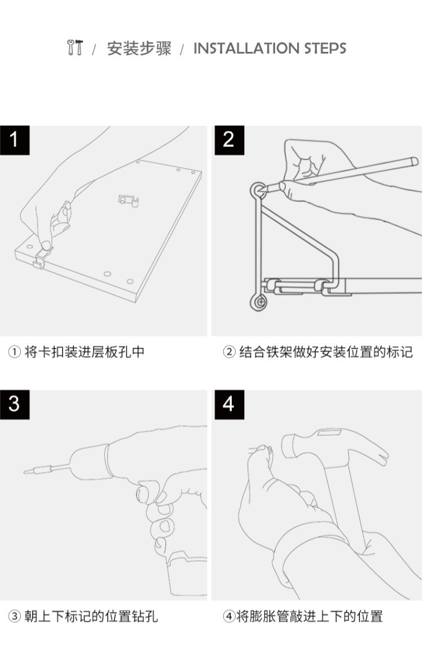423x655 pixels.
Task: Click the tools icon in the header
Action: [x=75, y=47]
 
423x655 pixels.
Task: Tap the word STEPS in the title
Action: [x=325, y=49]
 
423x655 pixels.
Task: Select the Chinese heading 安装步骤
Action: [x=139, y=49]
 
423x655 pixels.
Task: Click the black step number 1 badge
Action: [x=15, y=140]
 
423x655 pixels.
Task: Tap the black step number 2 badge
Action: [x=229, y=140]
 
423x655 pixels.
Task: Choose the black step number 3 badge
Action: [x=15, y=405]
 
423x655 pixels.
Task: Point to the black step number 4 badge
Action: [x=229, y=405]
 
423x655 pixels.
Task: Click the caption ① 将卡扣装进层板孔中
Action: [x=76, y=351]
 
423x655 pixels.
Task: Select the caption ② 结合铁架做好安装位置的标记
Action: [x=318, y=351]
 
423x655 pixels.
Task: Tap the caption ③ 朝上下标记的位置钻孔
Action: [x=83, y=616]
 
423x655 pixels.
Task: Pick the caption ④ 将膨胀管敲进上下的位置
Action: [x=303, y=616]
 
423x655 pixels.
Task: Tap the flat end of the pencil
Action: [x=414, y=161]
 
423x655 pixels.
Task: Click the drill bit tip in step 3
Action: [x=26, y=472]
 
